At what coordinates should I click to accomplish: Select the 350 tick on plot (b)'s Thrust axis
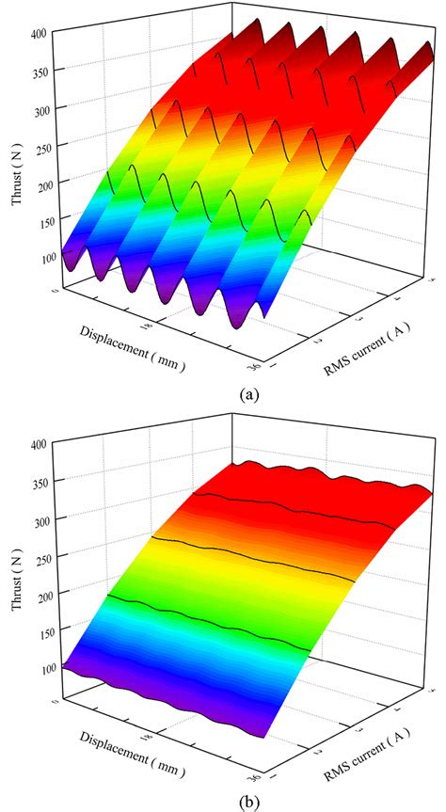[42, 481]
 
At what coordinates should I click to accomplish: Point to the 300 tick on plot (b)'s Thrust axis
[42, 517]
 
